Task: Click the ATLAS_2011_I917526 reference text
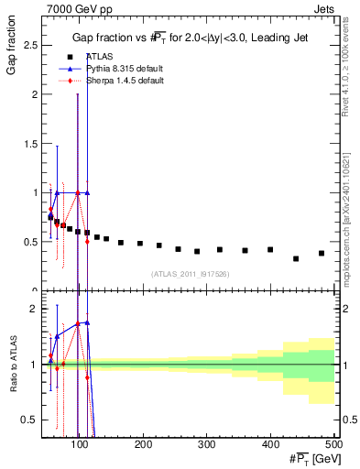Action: tap(190, 273)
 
